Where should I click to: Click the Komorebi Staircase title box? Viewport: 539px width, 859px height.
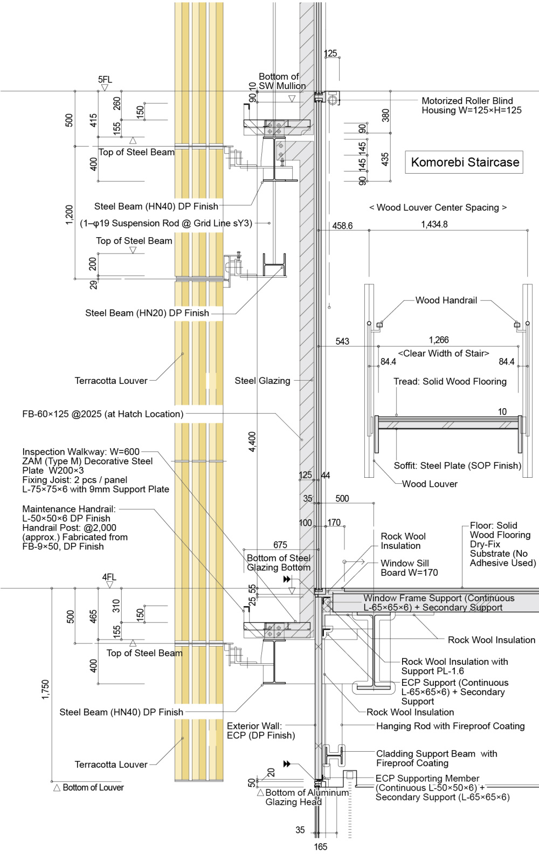coord(465,162)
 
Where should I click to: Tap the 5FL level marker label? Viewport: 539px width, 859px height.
coord(105,80)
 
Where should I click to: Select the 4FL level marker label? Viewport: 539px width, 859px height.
coord(109,577)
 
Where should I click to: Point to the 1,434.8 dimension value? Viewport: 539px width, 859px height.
coord(434,224)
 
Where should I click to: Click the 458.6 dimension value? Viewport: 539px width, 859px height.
coord(342,225)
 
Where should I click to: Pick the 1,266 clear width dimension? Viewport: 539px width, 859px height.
coord(439,340)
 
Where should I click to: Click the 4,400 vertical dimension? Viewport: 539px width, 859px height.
coord(252,442)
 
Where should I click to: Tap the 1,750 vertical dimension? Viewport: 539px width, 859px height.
coord(45,690)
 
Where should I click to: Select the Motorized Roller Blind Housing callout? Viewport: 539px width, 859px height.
coord(467,105)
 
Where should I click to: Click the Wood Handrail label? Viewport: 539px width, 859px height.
coord(446,300)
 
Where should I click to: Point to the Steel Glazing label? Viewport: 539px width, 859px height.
coord(262,381)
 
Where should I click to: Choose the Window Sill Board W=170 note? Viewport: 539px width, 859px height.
coord(409,568)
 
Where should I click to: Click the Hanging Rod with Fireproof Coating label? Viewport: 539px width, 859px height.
coord(450,726)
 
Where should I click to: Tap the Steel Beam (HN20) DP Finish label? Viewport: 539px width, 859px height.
coord(147,313)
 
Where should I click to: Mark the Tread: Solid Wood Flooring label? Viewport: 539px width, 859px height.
coord(450,381)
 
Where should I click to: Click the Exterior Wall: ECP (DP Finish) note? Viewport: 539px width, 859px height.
coord(261,731)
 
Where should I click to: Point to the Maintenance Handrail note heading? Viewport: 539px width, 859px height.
coord(69,508)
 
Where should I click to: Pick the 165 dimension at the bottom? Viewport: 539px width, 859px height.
coord(320,847)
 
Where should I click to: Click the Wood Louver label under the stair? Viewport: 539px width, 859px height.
coord(430,484)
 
